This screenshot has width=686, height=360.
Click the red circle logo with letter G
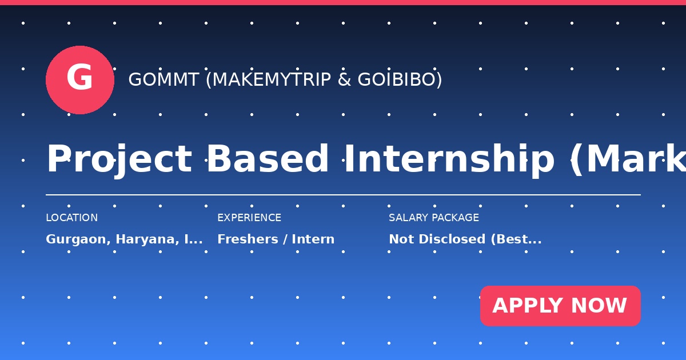pos(80,80)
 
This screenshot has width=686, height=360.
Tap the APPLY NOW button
pos(560,306)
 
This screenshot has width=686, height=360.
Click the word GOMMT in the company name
pos(163,79)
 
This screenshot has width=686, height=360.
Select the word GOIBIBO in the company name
pos(397,79)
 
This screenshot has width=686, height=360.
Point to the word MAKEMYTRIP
pos(272,79)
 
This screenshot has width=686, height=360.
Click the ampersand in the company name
pos(345,79)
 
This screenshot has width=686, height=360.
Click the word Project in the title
pos(119,159)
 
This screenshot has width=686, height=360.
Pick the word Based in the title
pos(268,159)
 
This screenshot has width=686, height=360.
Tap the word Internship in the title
pos(449,159)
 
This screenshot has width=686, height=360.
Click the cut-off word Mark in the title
pos(636,159)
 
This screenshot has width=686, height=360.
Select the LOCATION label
pos(72,218)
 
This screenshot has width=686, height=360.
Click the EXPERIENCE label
pos(249,218)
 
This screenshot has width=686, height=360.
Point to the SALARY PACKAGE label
pos(434,218)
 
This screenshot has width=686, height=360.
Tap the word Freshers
pos(248,239)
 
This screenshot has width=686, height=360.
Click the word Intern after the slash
pos(313,239)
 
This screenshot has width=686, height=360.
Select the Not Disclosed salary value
pos(437,239)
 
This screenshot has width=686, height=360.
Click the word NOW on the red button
pos(599,306)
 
